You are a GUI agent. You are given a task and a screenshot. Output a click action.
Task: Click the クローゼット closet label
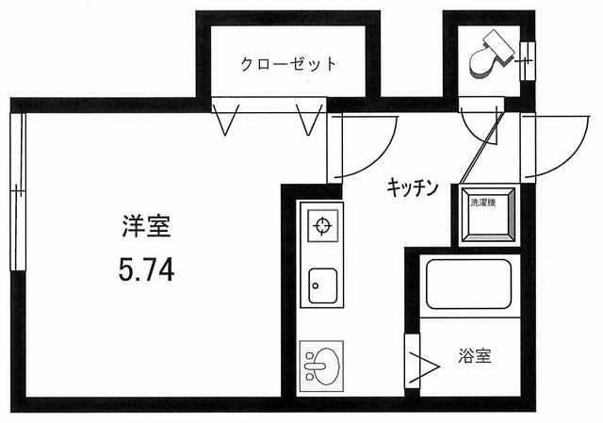pos(287,64)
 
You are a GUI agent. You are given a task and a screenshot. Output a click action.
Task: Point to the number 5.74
pos(146,271)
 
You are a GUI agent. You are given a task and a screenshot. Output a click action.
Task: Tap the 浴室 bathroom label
pos(475,357)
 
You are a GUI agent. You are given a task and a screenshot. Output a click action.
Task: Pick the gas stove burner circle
pos(321,226)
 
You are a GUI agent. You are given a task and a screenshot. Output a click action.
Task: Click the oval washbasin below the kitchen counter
pos(322,362)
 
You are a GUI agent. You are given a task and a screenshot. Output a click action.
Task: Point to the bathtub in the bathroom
pos(468,284)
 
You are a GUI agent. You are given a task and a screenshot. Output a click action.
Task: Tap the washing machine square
pos(486,216)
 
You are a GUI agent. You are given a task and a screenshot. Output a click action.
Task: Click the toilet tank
pos(499,42)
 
